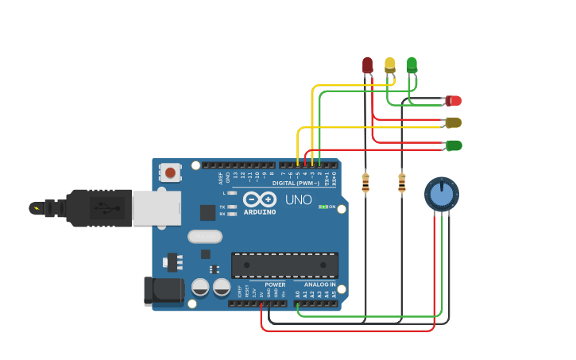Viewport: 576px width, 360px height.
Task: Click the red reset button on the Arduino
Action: click(x=171, y=172)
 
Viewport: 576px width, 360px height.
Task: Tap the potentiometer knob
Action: click(x=441, y=194)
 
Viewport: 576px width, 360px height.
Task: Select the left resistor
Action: click(x=365, y=183)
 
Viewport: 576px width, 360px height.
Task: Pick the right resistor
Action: click(x=401, y=183)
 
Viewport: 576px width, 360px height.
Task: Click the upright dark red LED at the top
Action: click(x=367, y=64)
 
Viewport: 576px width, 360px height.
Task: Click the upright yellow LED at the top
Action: click(x=389, y=64)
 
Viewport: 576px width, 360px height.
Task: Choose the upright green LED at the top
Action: click(x=412, y=64)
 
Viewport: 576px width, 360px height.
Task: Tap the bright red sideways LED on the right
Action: click(x=454, y=101)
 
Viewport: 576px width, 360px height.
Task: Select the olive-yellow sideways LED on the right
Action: click(x=454, y=122)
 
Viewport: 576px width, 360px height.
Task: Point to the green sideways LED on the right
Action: click(x=454, y=145)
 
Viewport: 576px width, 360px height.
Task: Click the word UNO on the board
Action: click(x=299, y=199)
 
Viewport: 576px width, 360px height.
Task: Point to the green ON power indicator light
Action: click(x=323, y=207)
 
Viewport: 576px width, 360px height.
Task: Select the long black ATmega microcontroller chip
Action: click(x=284, y=265)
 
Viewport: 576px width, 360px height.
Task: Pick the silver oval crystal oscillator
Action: click(x=205, y=236)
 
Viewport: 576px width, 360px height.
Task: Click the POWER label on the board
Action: click(x=275, y=285)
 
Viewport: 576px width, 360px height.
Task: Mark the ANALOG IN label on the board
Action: click(x=319, y=285)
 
